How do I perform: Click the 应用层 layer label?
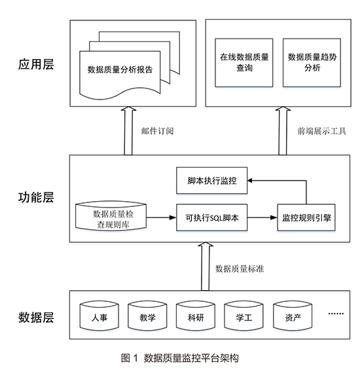point(36,64)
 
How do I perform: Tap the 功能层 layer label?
point(36,197)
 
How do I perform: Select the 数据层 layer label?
point(36,318)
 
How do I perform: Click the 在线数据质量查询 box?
point(244,63)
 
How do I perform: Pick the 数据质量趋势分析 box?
point(312,63)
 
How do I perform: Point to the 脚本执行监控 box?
point(212,181)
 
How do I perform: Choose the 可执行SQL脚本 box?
point(212,217)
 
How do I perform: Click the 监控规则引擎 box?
point(306,217)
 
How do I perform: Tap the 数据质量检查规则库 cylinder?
point(111,216)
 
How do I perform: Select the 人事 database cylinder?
point(99,316)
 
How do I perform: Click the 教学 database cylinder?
point(147,316)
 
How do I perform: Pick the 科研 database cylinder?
point(196,316)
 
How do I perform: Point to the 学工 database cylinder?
point(243,316)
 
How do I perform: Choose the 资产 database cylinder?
point(293,316)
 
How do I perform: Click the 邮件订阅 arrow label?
point(158,131)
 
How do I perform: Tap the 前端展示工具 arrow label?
point(321,131)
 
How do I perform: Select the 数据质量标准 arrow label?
point(240,269)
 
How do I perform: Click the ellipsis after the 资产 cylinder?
point(336,314)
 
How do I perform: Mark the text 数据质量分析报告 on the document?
point(120,69)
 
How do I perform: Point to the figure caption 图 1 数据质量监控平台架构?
point(180,358)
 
